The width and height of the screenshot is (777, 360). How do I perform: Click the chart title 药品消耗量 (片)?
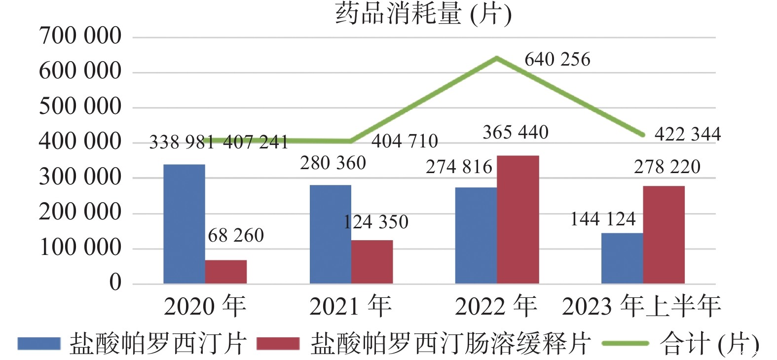point(423,13)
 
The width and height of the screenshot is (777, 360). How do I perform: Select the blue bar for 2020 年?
point(184,224)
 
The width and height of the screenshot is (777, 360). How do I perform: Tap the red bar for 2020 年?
point(226,272)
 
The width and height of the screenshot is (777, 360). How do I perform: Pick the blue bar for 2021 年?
point(330,234)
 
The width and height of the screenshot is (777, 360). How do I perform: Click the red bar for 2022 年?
point(518,219)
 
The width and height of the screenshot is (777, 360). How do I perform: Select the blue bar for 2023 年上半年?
point(622,258)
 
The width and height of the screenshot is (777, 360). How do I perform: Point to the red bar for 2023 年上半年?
point(664,235)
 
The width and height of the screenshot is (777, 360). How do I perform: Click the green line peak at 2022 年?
point(497,58)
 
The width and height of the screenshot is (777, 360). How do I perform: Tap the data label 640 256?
point(557,60)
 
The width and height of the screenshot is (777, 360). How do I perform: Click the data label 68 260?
point(236,236)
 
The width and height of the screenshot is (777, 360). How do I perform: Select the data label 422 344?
point(687,134)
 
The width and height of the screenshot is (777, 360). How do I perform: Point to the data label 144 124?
point(603,219)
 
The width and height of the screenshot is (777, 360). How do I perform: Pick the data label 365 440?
point(515,133)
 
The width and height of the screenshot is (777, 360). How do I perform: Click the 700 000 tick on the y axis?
point(80,36)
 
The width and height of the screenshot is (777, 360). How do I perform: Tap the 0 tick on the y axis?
point(115,283)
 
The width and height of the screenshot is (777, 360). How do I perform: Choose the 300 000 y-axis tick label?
point(80,177)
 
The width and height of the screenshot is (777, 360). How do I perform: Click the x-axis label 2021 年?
point(350,306)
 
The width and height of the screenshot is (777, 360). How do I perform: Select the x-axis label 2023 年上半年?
point(641,306)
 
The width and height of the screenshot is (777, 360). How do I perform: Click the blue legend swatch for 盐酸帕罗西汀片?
point(39,344)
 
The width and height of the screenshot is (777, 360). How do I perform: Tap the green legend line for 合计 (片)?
point(625,344)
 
